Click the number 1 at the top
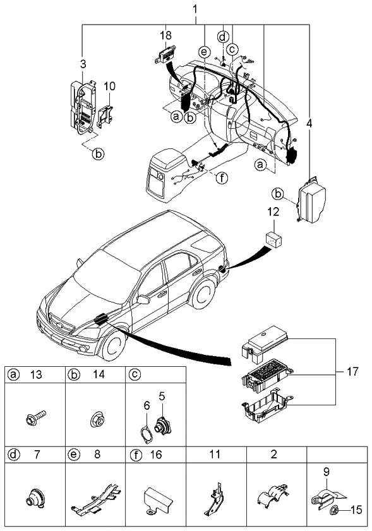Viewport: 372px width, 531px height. click(x=195, y=9)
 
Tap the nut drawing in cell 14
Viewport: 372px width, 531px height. click(x=96, y=420)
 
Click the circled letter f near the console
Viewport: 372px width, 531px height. click(x=222, y=177)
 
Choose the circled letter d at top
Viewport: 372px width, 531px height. click(x=222, y=36)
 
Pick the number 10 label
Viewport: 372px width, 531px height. click(x=109, y=85)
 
